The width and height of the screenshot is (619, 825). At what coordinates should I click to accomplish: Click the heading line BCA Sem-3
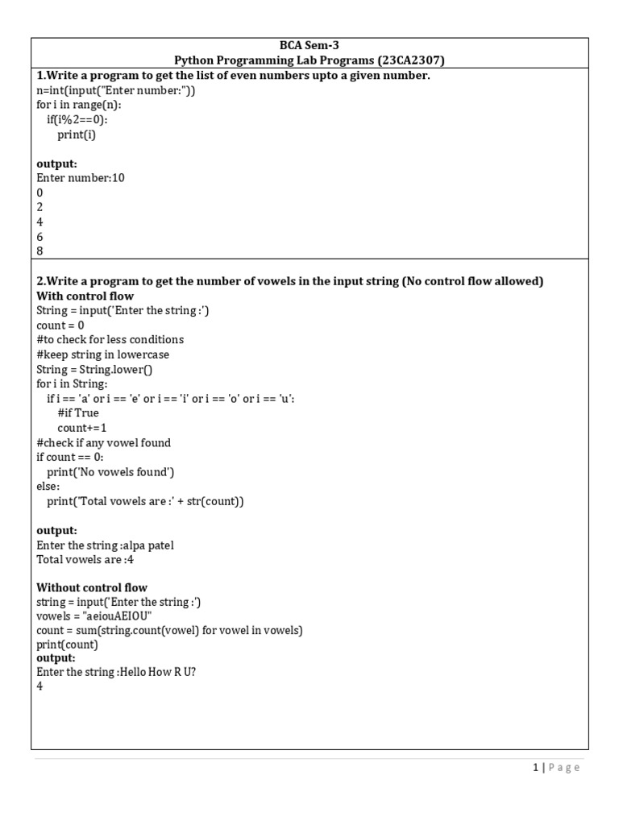tap(309, 46)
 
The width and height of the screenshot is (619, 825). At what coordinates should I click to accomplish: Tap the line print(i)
tap(76, 135)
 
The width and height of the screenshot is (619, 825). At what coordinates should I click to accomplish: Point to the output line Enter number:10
tap(81, 178)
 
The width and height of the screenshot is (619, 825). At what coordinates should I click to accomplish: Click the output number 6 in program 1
tap(39, 237)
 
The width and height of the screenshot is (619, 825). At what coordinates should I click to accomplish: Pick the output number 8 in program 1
tap(39, 251)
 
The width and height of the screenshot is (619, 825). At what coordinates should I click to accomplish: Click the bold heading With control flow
tap(85, 296)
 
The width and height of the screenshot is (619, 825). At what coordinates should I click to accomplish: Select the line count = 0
tap(60, 325)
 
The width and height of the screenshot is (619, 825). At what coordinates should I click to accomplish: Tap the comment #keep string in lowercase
tap(102, 354)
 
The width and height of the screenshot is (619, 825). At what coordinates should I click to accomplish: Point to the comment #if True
tap(78, 413)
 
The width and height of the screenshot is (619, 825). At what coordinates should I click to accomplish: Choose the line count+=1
tap(81, 428)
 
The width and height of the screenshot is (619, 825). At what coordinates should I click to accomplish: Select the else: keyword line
tap(48, 487)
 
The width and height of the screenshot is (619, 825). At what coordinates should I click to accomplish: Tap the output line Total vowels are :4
tap(85, 560)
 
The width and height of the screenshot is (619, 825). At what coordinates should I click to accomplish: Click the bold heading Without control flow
tap(92, 588)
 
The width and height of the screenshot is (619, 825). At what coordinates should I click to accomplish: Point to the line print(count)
tap(67, 645)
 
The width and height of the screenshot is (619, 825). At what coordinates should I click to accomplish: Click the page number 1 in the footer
tap(535, 768)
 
